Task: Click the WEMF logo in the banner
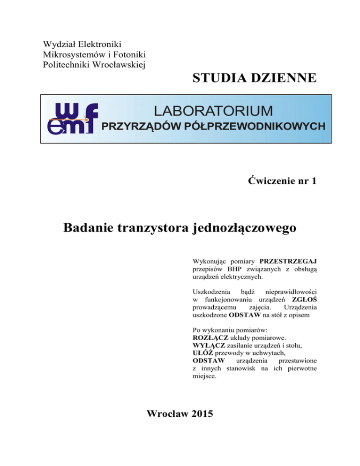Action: tap(73, 119)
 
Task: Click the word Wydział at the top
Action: tap(59, 45)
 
